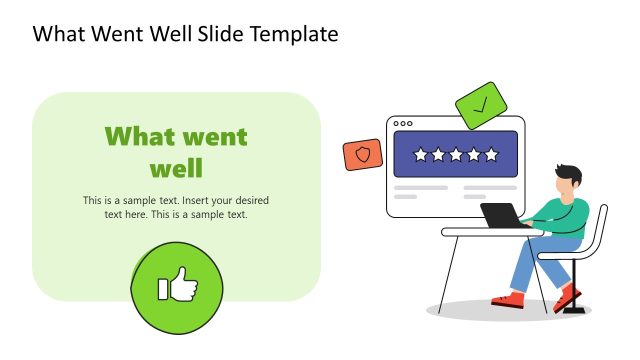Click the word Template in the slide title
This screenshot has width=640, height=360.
290,35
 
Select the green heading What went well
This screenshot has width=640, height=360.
176,150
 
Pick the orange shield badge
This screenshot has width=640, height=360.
362,155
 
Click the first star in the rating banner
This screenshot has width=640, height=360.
420,155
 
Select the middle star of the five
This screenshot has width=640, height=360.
455,155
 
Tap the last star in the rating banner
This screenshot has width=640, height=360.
490,155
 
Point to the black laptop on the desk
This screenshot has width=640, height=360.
501,215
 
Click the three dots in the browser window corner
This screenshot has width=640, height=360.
403,124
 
